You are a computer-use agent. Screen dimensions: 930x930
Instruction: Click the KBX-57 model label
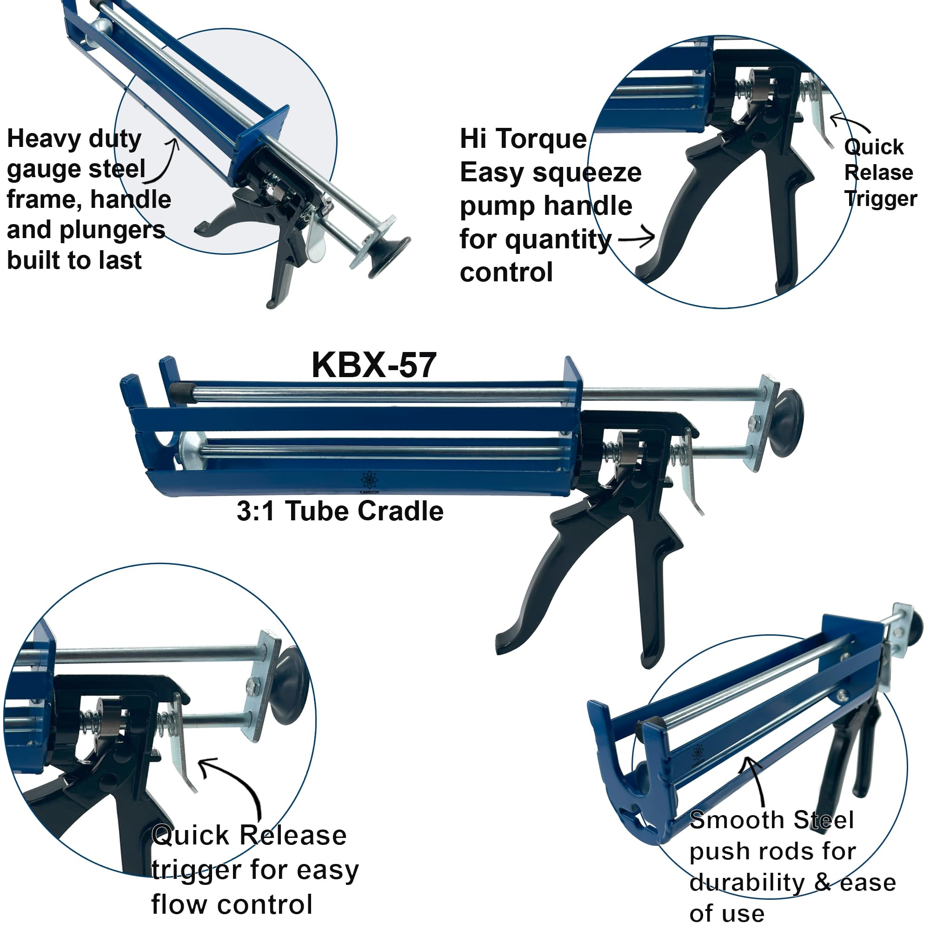point(374,365)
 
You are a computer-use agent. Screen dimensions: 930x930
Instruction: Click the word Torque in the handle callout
point(541,139)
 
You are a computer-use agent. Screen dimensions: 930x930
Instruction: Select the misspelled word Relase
point(878,173)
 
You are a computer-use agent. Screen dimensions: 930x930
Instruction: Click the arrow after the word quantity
point(637,237)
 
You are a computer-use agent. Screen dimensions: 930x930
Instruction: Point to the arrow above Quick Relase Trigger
point(850,123)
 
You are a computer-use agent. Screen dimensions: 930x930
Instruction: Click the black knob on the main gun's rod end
point(789,423)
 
